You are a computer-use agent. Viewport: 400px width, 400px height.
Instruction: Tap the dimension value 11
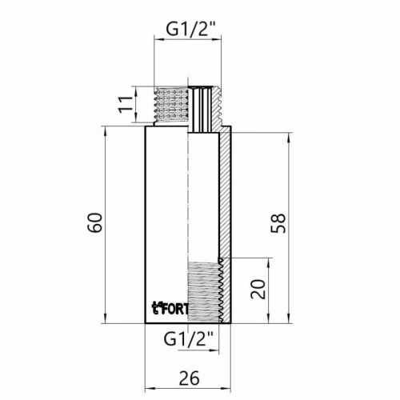(x=126, y=104)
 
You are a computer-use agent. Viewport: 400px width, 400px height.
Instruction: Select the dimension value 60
(x=95, y=222)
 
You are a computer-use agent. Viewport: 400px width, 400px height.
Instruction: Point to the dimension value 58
(x=278, y=223)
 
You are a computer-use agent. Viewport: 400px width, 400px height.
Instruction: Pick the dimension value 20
(x=258, y=289)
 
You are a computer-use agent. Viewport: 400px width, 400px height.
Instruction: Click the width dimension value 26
(x=189, y=378)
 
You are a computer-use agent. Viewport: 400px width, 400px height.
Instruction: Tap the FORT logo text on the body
(x=170, y=308)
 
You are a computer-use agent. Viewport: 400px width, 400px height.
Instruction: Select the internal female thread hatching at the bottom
(x=204, y=291)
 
